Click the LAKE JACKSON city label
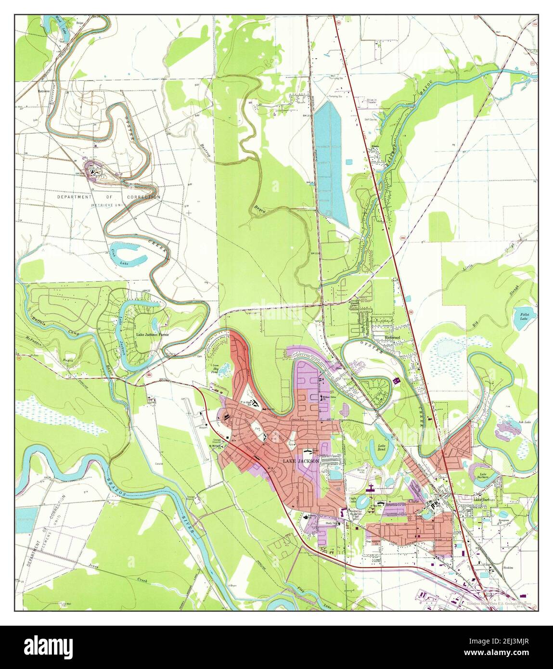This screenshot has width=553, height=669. pyautogui.click(x=300, y=461)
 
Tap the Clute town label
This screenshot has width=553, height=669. pyautogui.click(x=414, y=501)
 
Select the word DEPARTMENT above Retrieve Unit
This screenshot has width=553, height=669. pyautogui.click(x=74, y=197)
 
